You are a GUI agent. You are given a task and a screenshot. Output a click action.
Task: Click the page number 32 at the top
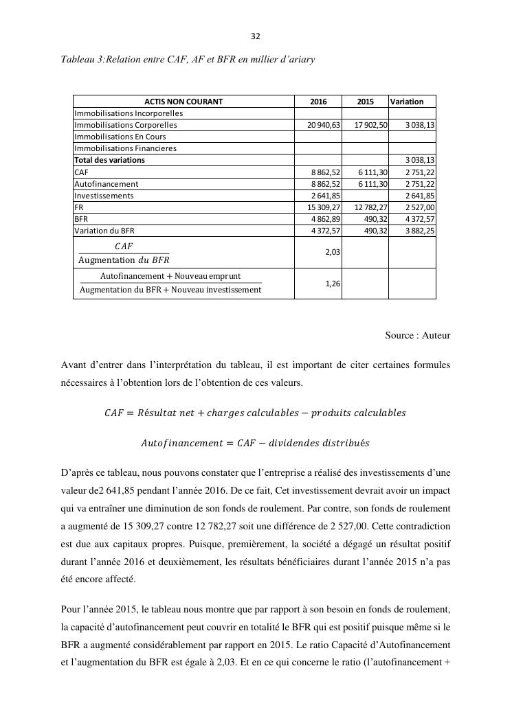[x=256, y=36]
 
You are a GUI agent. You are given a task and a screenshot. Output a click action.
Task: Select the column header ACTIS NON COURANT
[x=183, y=102]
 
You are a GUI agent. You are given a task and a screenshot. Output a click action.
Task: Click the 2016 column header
[x=318, y=102]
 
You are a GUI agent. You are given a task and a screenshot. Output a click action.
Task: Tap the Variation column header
[x=407, y=102]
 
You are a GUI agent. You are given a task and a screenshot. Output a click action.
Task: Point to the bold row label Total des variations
[x=109, y=160]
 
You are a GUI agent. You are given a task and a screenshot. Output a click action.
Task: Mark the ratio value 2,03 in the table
[x=333, y=252]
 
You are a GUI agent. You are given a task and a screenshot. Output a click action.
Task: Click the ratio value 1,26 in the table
[x=333, y=284]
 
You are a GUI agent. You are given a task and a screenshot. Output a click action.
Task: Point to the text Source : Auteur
[x=417, y=336]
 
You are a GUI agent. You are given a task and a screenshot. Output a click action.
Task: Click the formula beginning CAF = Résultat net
[x=255, y=413]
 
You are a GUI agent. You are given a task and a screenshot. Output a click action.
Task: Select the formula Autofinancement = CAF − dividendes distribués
[x=255, y=444]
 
